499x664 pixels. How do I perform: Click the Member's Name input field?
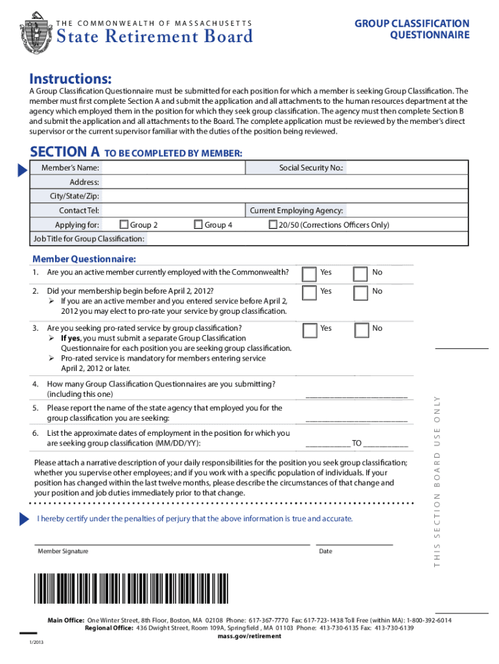coord(173,168)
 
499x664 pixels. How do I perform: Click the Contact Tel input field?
coord(173,211)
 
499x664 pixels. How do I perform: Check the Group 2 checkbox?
coord(124,225)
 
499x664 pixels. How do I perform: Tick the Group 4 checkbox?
coord(199,225)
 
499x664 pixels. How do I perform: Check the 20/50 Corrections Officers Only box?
coord(273,225)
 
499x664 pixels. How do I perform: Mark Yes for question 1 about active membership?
coord(310,274)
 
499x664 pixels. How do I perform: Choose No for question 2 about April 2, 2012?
coord(361,293)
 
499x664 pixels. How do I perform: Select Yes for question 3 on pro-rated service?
coord(310,330)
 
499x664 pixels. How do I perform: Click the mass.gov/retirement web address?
coord(250,636)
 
